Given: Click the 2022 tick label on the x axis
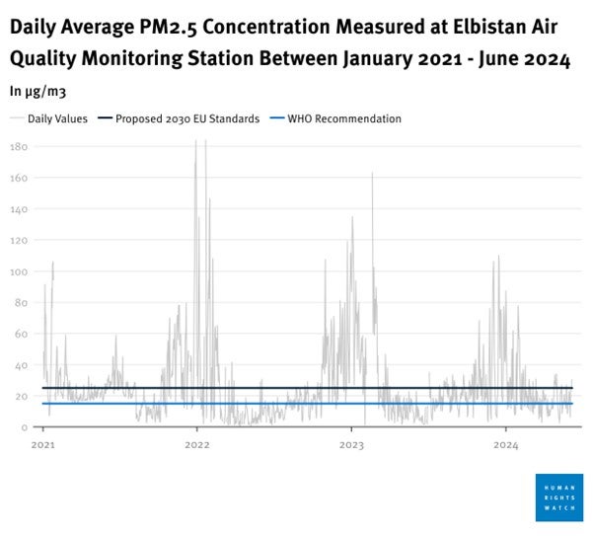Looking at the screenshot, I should pos(197,445).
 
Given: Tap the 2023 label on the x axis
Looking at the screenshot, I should pos(350,445).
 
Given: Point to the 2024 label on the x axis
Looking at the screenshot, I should pos(504,445).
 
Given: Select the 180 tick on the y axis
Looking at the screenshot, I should pos(18,147).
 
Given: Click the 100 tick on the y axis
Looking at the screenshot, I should pos(18,271).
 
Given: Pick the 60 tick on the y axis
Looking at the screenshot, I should pos(21,334).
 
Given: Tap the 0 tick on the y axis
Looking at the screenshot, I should pos(24,426).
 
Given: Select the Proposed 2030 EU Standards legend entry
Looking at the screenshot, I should pos(186,118).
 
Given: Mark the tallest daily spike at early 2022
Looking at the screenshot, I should pos(195,143).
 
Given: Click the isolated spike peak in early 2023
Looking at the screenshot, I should pos(372,174).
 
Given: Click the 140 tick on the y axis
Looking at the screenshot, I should pos(18,209).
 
